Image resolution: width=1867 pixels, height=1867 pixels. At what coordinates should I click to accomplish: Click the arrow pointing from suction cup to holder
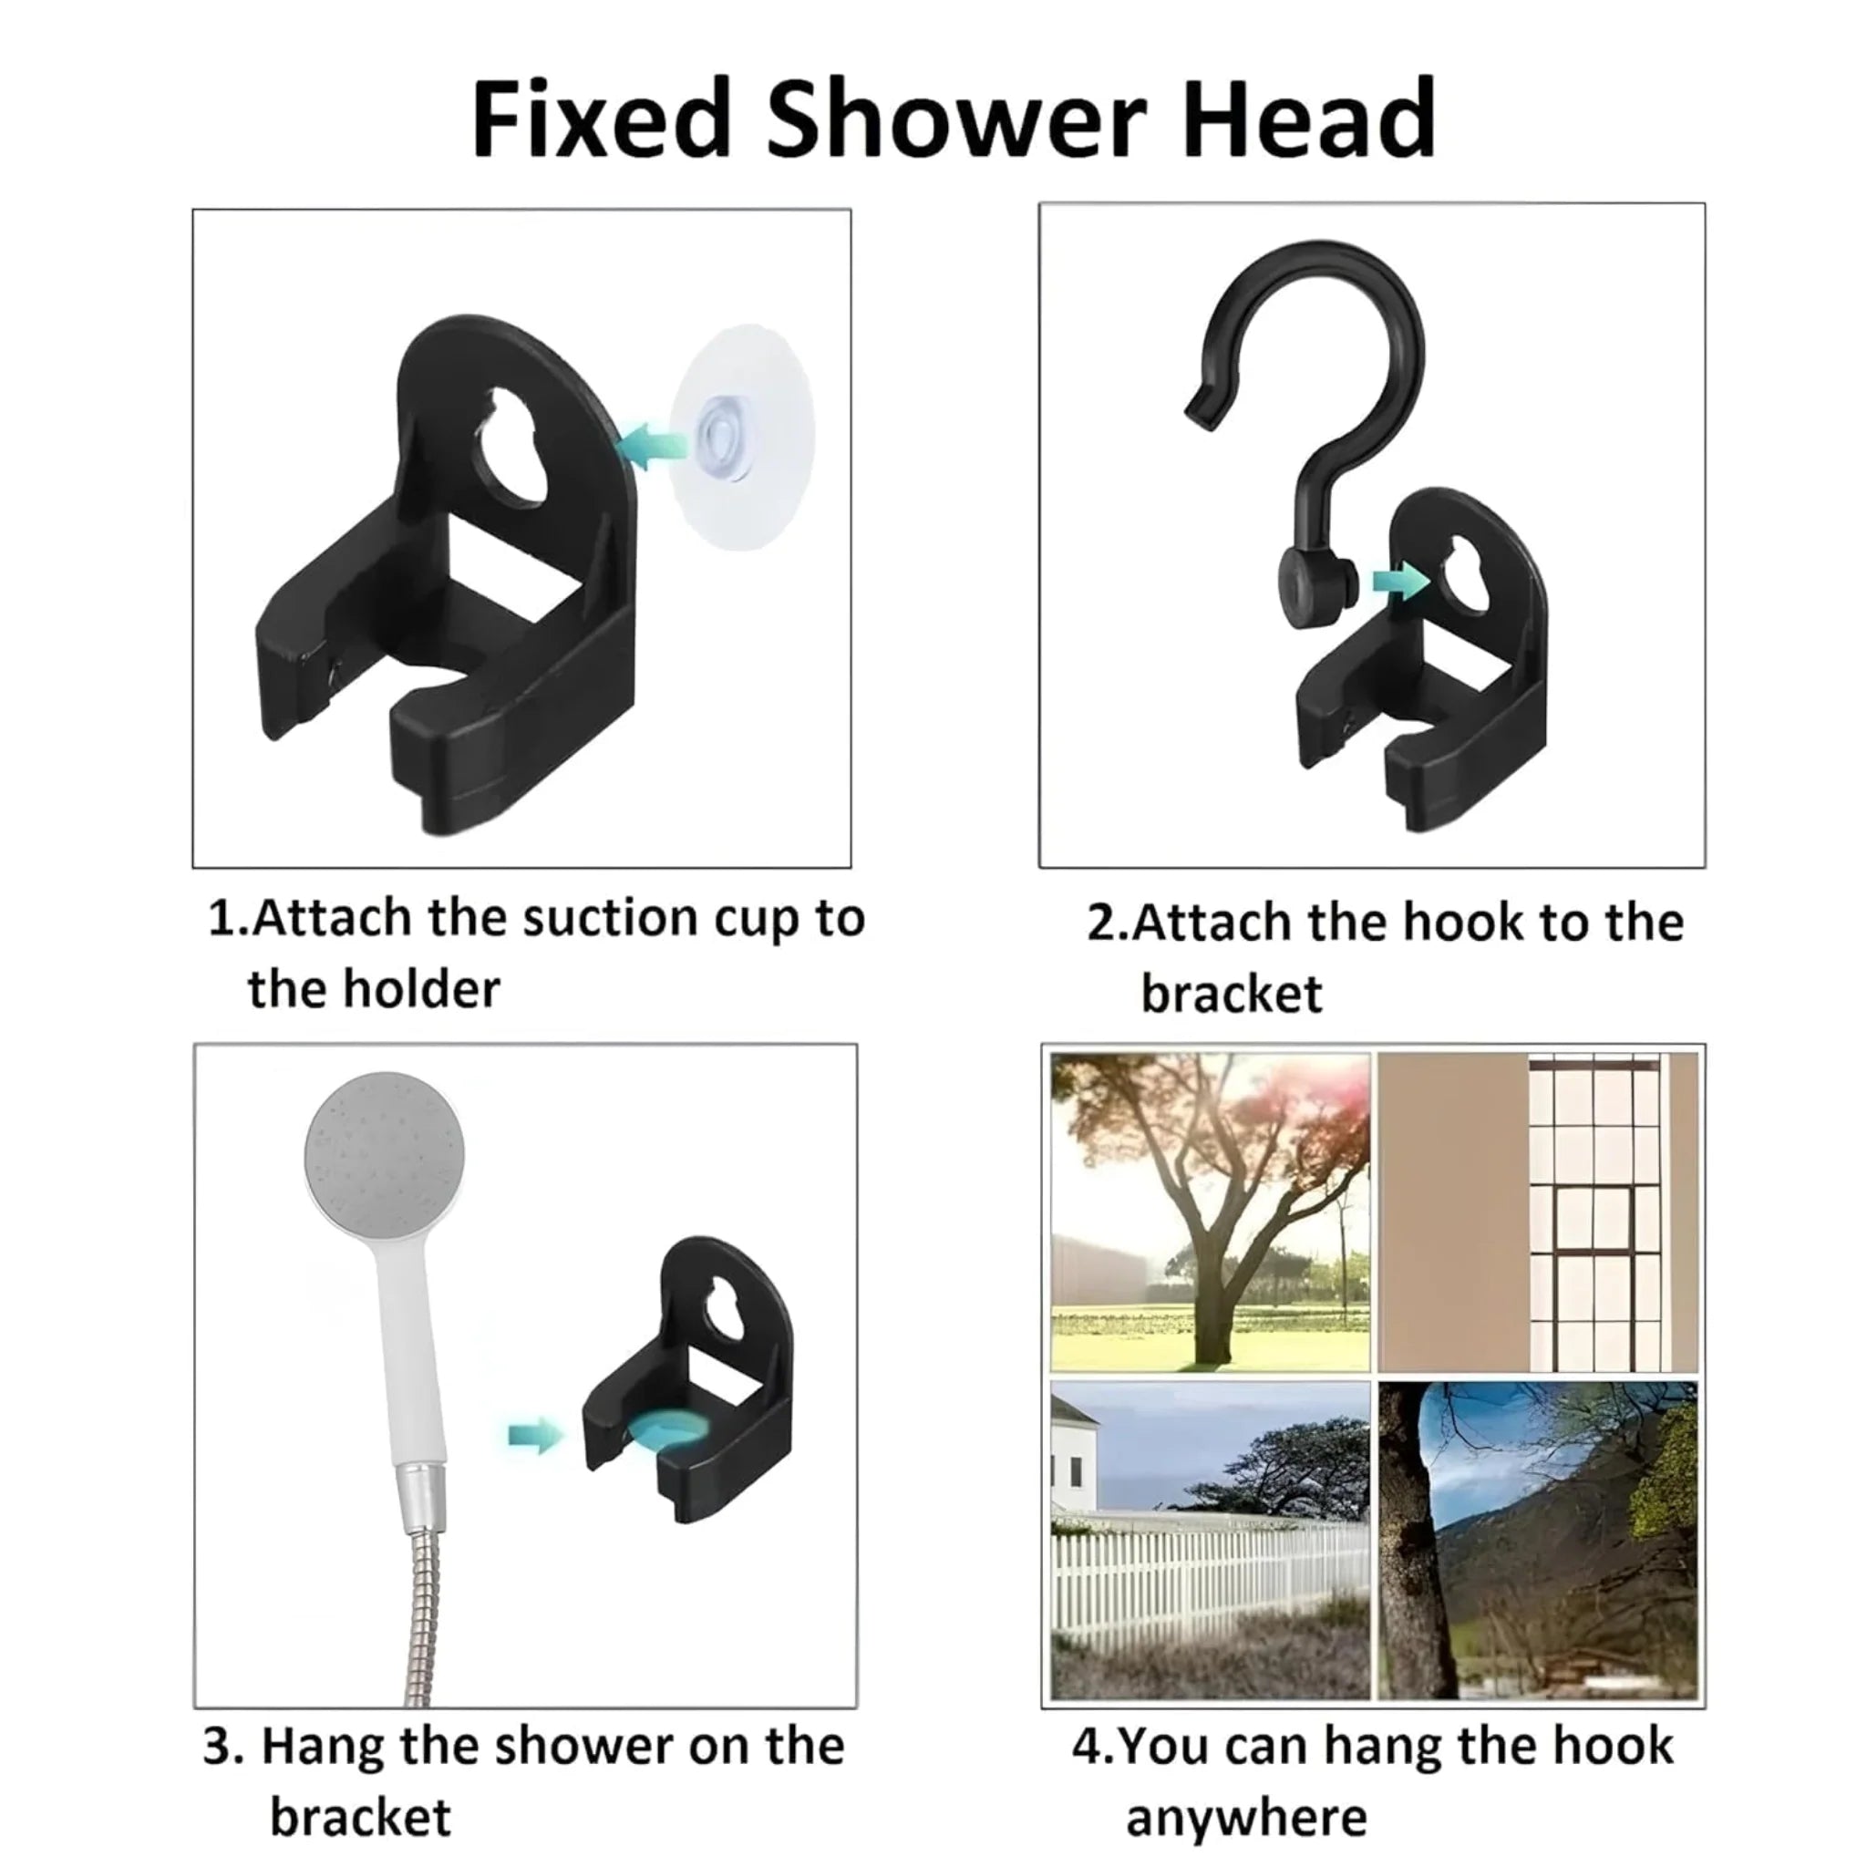[653, 446]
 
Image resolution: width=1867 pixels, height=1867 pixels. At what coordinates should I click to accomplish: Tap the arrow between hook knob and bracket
[1400, 583]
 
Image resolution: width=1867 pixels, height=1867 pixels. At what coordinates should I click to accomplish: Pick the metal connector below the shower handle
[424, 1493]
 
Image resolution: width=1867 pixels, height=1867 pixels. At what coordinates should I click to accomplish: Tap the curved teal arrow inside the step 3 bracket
[666, 1430]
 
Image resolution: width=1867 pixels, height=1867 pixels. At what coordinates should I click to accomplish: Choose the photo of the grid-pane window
[1538, 1212]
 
